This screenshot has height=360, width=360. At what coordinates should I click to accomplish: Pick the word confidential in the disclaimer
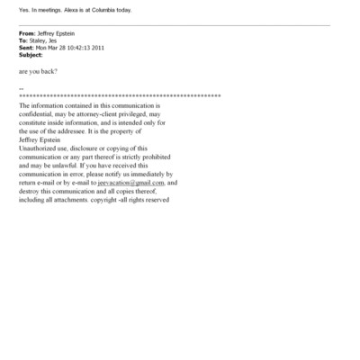point(37,113)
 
